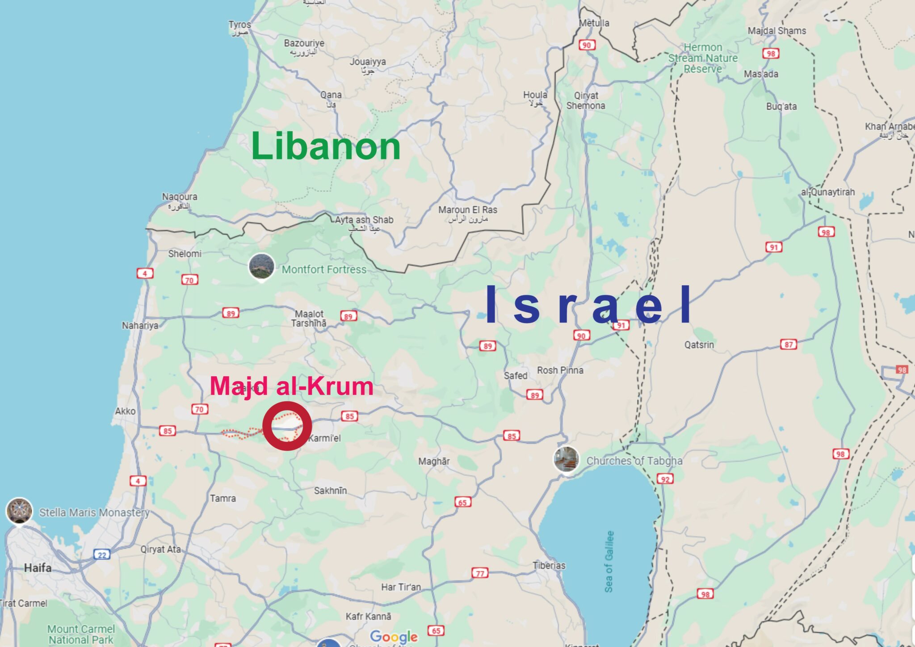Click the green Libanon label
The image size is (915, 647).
[x=326, y=146]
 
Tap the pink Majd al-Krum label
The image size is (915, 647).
[x=291, y=386]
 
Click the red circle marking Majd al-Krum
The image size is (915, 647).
[x=287, y=425]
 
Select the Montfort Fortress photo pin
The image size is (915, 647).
[x=261, y=267]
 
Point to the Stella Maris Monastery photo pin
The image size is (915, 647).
[x=19, y=511]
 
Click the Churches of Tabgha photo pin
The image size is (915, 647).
[x=566, y=459]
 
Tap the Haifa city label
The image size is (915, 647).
[x=38, y=568]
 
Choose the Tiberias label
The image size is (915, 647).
[x=549, y=565]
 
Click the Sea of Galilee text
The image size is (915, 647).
[x=609, y=562]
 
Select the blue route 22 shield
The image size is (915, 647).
[x=102, y=555]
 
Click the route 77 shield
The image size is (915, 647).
[x=480, y=573]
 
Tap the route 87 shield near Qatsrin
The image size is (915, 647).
[x=789, y=345]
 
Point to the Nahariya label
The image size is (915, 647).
[x=140, y=325]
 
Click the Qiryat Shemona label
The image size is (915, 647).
[x=586, y=101]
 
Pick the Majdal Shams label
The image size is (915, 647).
[x=777, y=31]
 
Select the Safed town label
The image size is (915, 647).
[x=516, y=376]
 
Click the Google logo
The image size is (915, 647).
[x=394, y=636]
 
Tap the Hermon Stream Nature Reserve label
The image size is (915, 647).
[x=703, y=58]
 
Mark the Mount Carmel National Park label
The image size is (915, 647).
[x=81, y=634]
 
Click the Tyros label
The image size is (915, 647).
[x=239, y=25]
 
